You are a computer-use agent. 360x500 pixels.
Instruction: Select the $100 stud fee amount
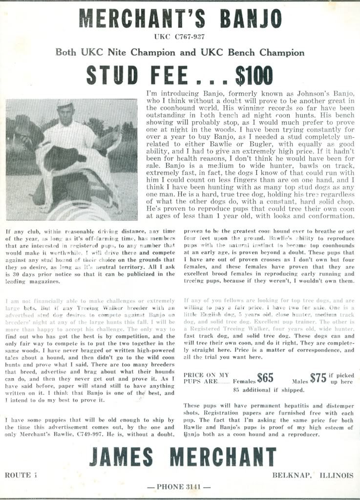[254, 74]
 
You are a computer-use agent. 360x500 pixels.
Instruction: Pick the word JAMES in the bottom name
[121, 457]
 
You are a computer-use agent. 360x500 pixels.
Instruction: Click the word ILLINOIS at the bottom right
[336, 475]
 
